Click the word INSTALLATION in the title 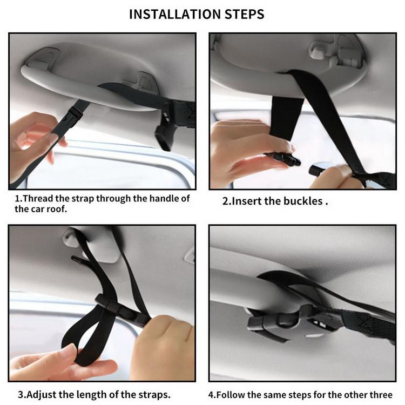tap(175, 14)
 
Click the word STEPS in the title tap(244, 14)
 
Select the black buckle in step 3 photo tap(122, 309)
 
